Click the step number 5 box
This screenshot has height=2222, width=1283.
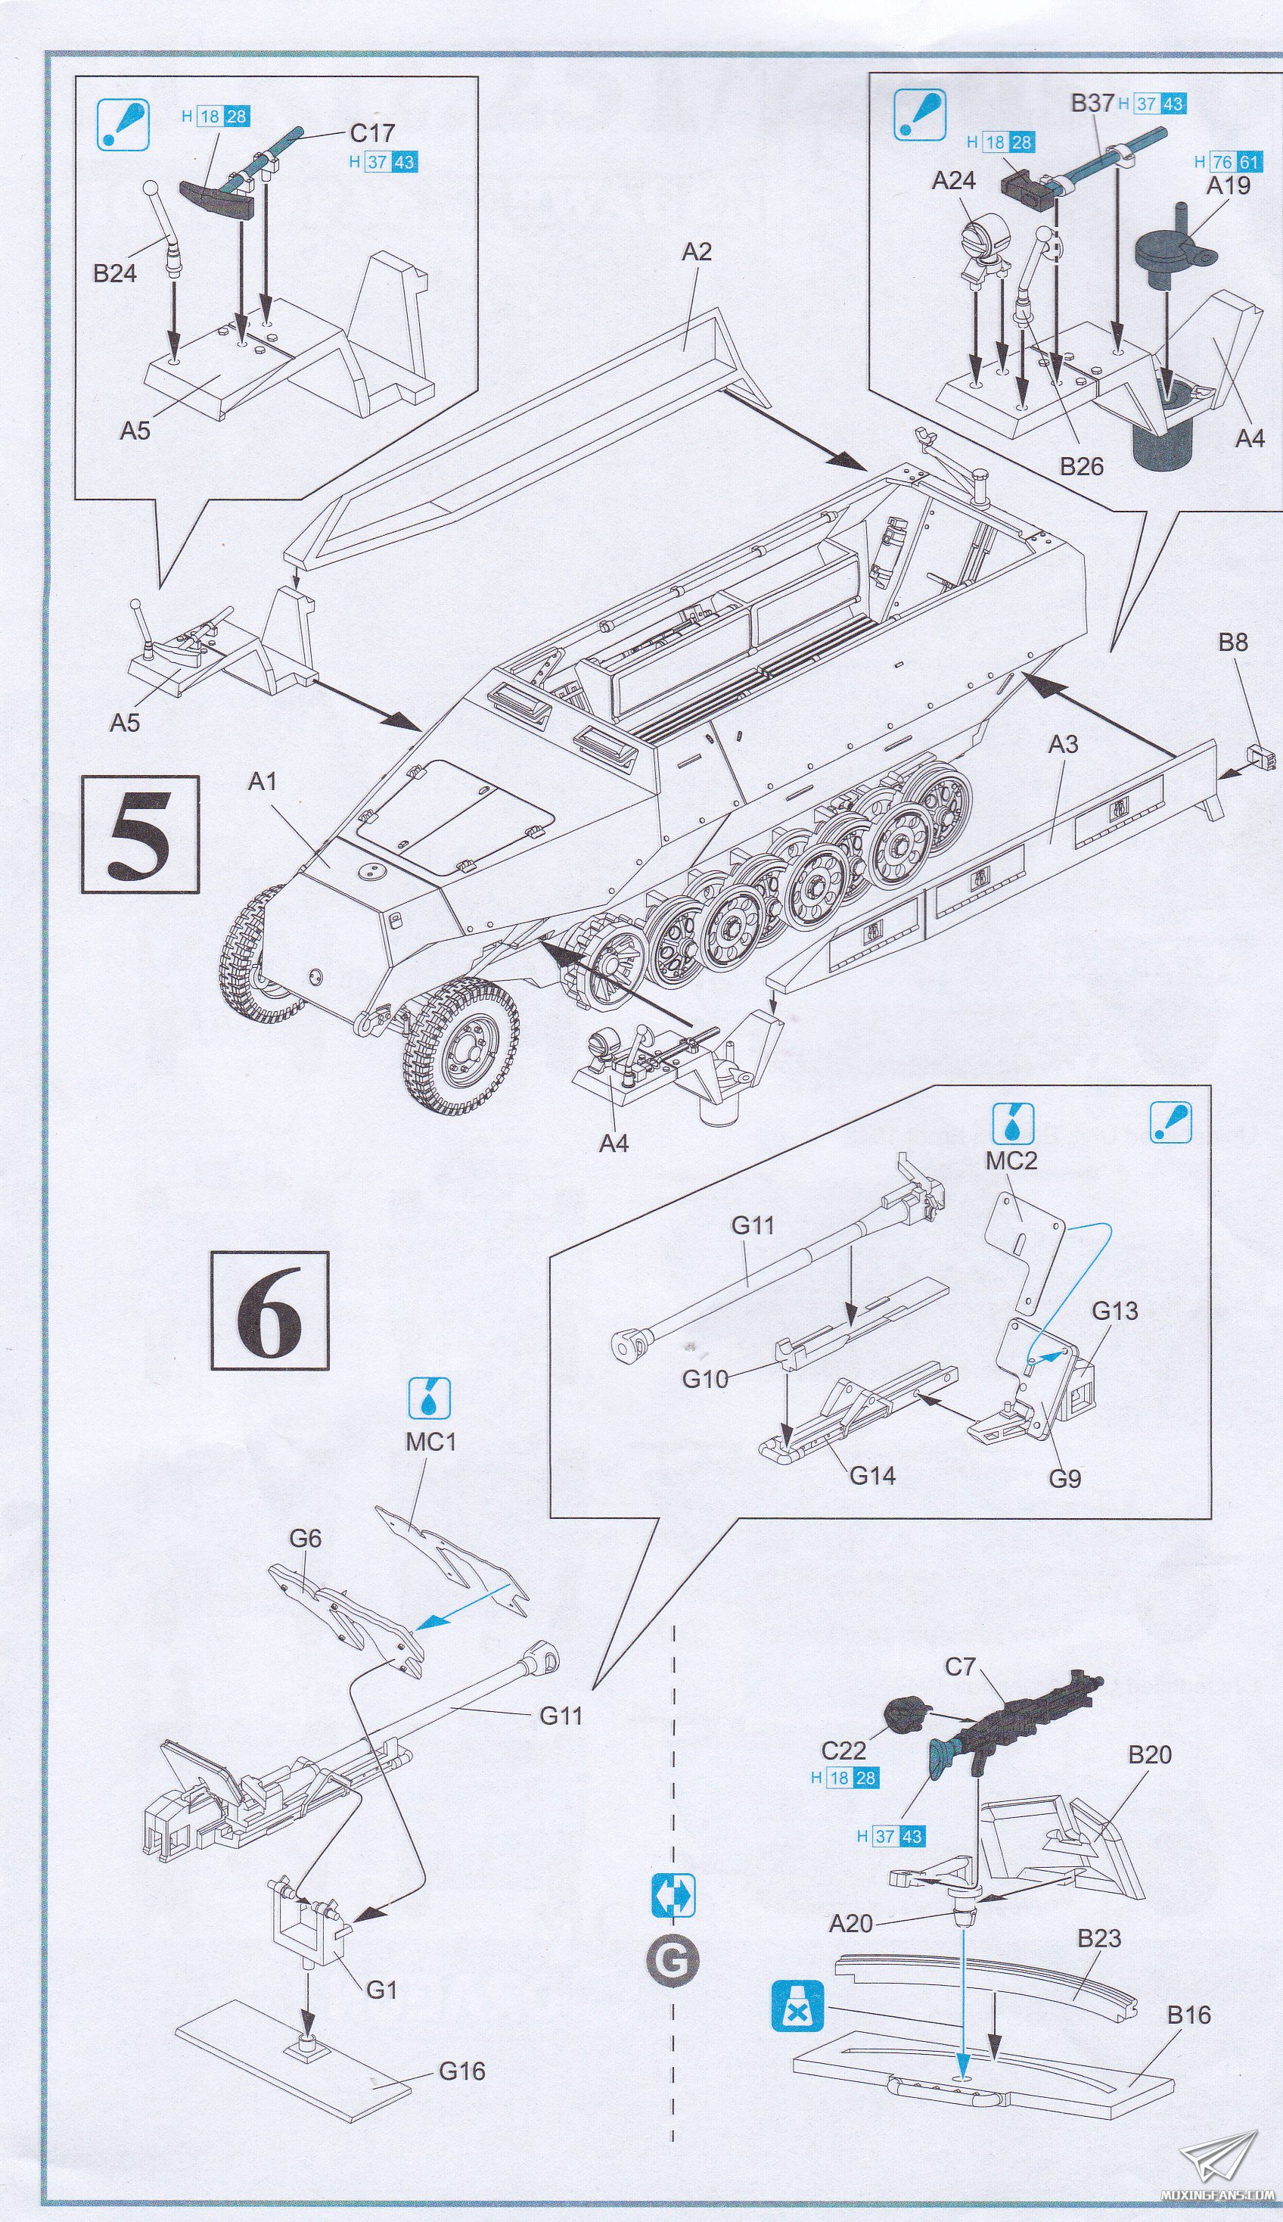pyautogui.click(x=141, y=833)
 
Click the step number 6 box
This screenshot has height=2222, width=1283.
pyautogui.click(x=269, y=1310)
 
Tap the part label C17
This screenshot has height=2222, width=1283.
pyautogui.click(x=372, y=133)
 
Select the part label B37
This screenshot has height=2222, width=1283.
pyautogui.click(x=1092, y=103)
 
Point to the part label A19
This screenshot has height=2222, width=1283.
pyautogui.click(x=1228, y=186)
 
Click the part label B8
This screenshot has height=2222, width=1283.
pyautogui.click(x=1233, y=643)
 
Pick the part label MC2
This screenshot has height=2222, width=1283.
pyautogui.click(x=1011, y=1161)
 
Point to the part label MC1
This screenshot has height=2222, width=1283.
pyautogui.click(x=431, y=1442)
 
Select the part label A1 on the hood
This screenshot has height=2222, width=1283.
pyautogui.click(x=263, y=782)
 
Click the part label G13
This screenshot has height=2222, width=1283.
pyautogui.click(x=1115, y=1311)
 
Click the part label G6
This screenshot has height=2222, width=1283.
pyautogui.click(x=305, y=1538)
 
